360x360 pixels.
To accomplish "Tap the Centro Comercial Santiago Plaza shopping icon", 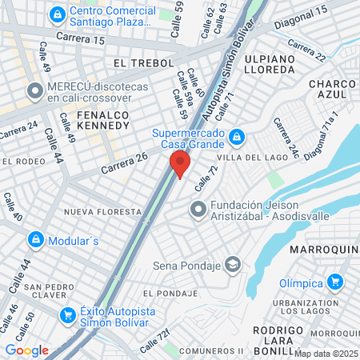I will tap(58, 15).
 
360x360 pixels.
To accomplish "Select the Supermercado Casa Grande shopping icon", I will tap(236, 138).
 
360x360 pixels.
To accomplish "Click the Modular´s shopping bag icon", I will tap(36, 239).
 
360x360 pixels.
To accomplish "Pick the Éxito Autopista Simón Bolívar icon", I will tap(67, 314).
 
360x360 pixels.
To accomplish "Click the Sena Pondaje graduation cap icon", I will tap(233, 264).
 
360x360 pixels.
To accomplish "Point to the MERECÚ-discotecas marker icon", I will tap(34, 91).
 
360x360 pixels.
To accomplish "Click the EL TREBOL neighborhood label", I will tap(144, 62).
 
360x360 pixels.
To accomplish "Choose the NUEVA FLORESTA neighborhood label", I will tap(102, 212).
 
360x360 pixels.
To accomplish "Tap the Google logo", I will tap(26, 350).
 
